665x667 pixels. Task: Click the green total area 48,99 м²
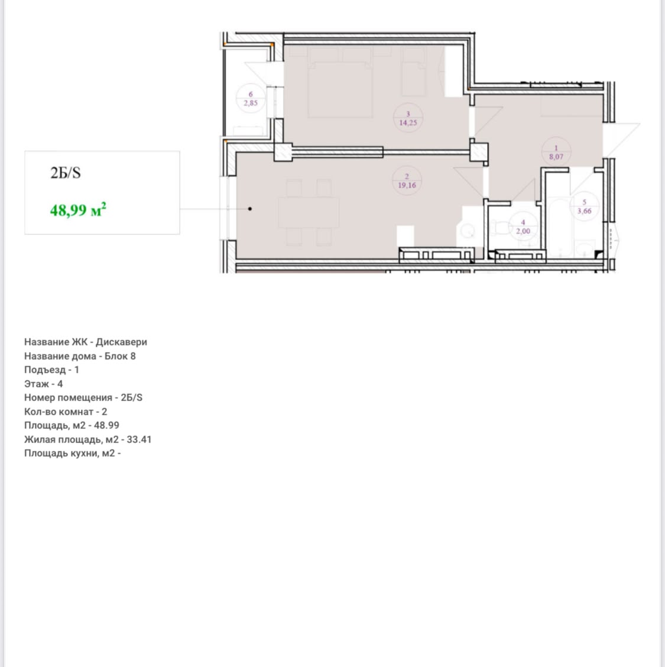point(78,210)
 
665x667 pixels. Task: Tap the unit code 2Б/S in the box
point(66,173)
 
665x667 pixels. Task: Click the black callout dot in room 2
point(250,209)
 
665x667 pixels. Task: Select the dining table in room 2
point(309,213)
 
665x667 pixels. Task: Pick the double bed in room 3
point(340,90)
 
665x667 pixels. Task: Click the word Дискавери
point(121,342)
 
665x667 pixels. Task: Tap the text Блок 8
point(120,356)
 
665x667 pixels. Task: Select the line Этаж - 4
point(43,384)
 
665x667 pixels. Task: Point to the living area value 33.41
point(139,439)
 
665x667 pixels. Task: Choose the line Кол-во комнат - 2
point(66,412)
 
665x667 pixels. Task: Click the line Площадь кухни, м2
point(72,453)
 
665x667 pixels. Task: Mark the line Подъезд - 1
point(51,370)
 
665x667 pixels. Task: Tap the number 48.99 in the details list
point(106,425)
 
